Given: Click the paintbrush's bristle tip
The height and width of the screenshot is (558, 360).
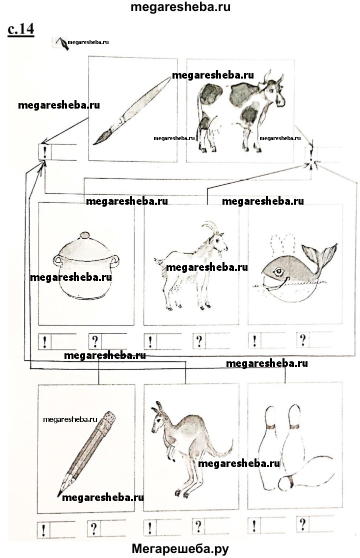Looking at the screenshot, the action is click(94, 143).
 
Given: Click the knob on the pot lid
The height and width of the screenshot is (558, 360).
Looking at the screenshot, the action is click(84, 235).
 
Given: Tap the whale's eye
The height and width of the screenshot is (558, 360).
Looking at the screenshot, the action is click(278, 272).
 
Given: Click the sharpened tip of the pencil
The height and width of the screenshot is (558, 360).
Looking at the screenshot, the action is click(58, 494).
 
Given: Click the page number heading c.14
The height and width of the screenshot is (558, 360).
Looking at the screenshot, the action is click(21, 29).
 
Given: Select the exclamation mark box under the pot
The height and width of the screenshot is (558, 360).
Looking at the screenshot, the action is click(44, 342).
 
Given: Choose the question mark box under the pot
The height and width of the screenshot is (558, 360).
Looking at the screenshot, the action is click(94, 341).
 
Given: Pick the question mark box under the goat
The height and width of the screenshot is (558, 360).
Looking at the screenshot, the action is click(199, 341).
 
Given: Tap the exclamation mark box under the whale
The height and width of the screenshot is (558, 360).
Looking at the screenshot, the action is click(254, 341).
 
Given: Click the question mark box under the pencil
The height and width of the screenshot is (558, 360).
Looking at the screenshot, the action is click(94, 528).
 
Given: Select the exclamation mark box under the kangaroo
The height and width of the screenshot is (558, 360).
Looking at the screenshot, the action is click(149, 528).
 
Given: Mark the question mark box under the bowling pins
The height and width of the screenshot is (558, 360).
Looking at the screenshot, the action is click(302, 524).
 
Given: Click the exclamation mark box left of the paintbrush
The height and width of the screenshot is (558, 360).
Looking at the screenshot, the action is click(45, 152).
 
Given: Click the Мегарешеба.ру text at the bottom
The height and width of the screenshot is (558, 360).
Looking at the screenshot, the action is click(180, 549).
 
